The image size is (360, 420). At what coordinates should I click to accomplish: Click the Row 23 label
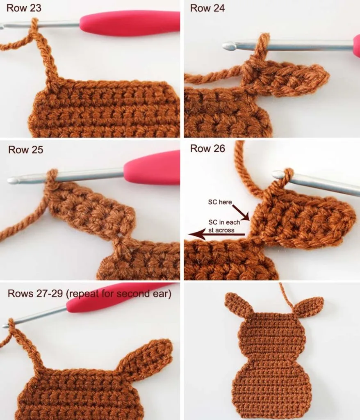click(24, 8)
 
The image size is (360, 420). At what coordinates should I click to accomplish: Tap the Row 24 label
click(207, 8)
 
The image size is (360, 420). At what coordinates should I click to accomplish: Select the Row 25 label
click(25, 149)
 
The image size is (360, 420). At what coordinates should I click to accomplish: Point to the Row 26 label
click(207, 148)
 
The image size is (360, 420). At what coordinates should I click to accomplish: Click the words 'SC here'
click(220, 202)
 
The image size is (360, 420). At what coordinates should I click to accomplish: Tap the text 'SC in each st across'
click(224, 226)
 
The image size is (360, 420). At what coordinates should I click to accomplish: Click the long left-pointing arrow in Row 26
click(216, 235)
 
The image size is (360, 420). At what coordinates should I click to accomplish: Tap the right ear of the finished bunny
click(310, 305)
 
